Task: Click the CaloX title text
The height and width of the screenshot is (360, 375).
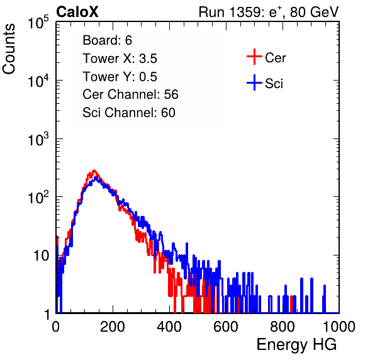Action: (77, 12)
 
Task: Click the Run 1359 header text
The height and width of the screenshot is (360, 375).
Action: (269, 12)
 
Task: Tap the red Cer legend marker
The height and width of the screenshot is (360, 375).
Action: (254, 57)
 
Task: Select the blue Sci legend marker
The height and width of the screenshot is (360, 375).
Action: (254, 82)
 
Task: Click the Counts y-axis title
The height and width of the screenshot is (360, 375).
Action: (9, 49)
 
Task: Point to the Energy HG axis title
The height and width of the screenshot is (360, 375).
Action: (296, 345)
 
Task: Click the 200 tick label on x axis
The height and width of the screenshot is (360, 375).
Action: (113, 327)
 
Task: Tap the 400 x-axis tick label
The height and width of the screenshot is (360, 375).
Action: (169, 327)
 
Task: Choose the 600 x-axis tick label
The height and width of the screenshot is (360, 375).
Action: (226, 327)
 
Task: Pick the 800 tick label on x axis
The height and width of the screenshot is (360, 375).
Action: (283, 327)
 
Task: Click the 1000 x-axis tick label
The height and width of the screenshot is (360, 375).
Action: (339, 327)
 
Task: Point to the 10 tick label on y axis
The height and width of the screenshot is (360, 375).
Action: (41, 256)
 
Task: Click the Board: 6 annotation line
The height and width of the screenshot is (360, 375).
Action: (107, 40)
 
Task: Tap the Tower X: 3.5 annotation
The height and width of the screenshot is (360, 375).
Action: (120, 59)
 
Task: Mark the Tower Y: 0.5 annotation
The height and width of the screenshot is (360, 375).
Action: (120, 77)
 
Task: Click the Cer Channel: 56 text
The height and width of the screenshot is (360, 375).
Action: (130, 94)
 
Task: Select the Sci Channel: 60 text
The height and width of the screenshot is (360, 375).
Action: (129, 113)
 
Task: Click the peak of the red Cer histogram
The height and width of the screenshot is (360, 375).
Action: (94, 171)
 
